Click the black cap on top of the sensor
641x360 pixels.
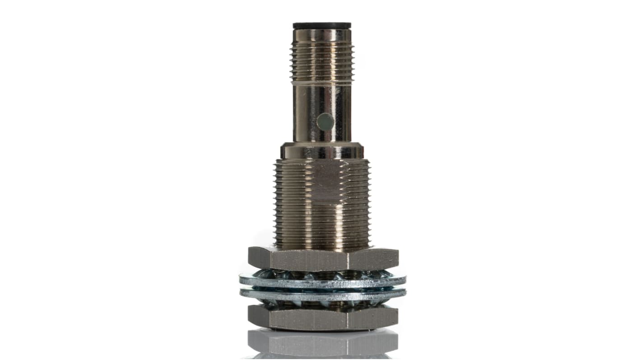pos(321,25)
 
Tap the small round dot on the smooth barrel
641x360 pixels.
pos(325,122)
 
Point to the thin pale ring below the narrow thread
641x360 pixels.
pos(321,83)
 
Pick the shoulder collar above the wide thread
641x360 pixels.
pos(321,151)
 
